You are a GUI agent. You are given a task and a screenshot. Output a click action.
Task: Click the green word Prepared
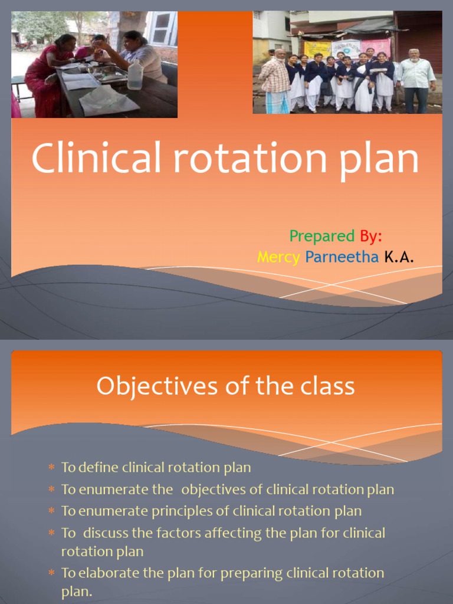(321, 237)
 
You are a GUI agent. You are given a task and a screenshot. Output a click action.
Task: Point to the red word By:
(371, 237)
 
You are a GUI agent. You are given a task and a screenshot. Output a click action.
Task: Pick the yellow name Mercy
(278, 257)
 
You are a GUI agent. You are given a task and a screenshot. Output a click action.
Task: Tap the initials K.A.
(399, 257)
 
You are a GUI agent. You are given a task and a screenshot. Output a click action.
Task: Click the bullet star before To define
(51, 468)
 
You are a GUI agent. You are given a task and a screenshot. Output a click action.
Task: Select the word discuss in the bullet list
(106, 533)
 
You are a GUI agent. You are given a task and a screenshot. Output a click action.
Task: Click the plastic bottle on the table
(135, 75)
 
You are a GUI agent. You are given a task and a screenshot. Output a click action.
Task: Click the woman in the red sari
(43, 77)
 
